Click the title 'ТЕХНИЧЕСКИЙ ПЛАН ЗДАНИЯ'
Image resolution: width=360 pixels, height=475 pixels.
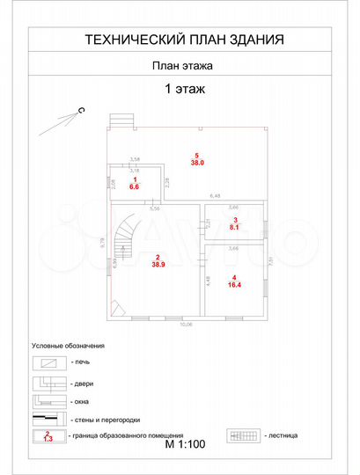click(183, 40)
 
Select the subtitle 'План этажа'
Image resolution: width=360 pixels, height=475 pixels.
click(183, 64)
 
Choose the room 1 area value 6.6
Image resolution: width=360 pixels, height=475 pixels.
click(135, 187)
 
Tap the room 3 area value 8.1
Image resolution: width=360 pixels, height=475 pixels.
click(234, 226)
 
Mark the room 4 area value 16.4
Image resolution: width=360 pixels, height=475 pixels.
click(233, 285)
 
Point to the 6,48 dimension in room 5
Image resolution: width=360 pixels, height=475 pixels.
click(214, 195)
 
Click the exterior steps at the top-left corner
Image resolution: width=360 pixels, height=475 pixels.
click(121, 122)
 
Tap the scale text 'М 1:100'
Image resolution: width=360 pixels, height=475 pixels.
click(185, 444)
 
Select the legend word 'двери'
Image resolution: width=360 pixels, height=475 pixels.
click(84, 384)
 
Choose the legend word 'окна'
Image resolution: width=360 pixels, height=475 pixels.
click(83, 401)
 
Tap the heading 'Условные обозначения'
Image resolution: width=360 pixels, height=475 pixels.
click(68, 346)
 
